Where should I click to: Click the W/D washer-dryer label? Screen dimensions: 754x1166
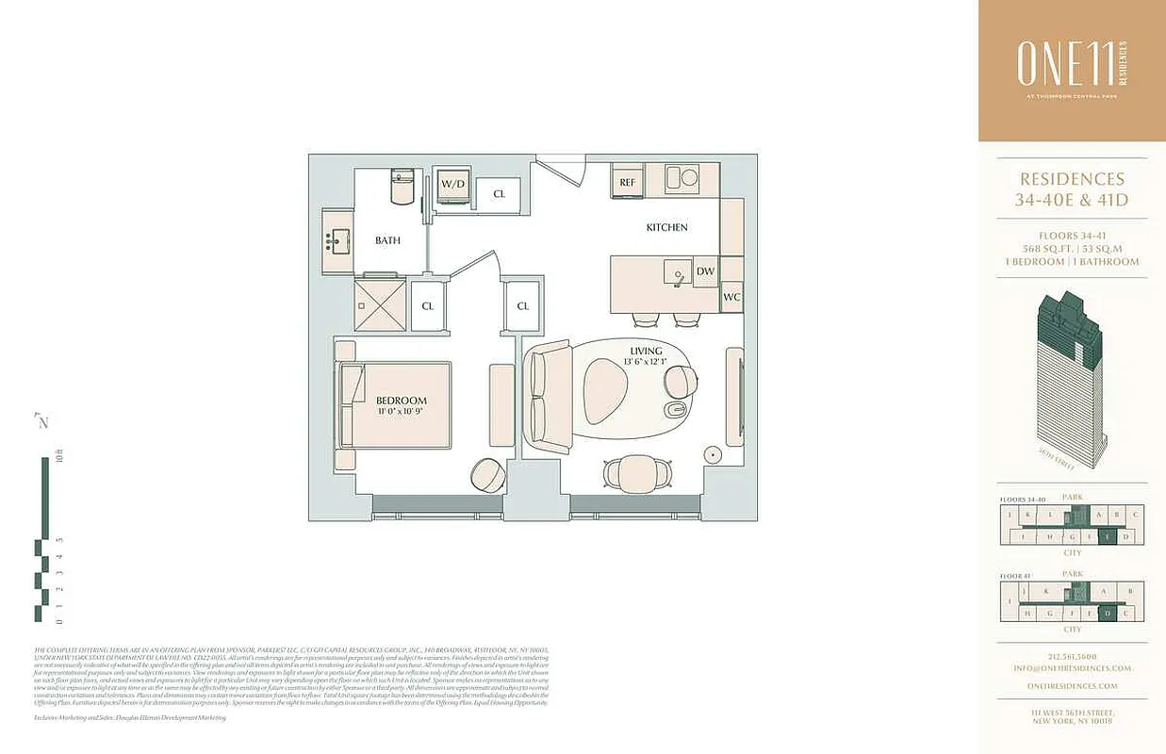click(x=452, y=183)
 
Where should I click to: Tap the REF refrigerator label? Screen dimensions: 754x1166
click(x=626, y=183)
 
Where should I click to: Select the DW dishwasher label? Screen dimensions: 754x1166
click(x=705, y=271)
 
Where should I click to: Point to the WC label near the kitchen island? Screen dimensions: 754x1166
click(x=731, y=298)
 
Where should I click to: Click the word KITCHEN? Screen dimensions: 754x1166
click(x=666, y=227)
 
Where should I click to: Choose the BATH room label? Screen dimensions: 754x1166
click(x=387, y=240)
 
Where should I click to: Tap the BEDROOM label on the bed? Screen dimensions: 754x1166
click(x=402, y=400)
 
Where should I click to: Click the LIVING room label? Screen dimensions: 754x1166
click(x=647, y=352)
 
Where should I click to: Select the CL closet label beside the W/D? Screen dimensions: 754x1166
click(x=499, y=194)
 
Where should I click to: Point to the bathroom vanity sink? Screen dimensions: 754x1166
click(x=337, y=240)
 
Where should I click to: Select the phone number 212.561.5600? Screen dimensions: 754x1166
click(x=1073, y=657)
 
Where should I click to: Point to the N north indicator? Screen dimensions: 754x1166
click(x=41, y=421)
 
